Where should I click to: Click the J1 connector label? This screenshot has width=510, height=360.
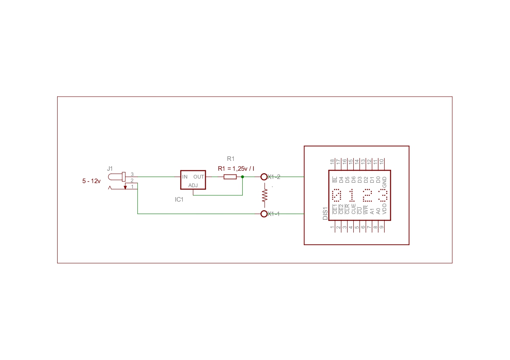tap(110, 169)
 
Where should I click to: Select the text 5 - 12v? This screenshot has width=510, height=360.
tap(91, 181)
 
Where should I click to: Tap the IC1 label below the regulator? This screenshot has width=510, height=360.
tap(179, 200)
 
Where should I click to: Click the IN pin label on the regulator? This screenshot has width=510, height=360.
tap(185, 177)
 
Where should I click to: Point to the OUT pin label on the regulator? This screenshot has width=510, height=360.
tap(199, 177)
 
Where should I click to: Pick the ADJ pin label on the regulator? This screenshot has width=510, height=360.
tap(193, 186)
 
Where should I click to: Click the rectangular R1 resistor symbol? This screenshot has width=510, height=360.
tap(230, 177)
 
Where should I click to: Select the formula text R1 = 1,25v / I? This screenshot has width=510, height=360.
tap(236, 169)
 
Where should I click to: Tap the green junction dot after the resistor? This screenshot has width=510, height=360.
tap(243, 177)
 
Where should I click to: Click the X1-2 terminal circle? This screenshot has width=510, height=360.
tap(264, 174)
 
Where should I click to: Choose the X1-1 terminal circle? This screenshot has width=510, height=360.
tap(264, 211)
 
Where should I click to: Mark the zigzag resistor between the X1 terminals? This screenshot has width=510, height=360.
tap(264, 195)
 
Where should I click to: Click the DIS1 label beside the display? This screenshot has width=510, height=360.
tap(325, 214)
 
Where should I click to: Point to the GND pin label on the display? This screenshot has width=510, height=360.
tap(384, 182)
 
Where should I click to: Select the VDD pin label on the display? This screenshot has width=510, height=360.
tap(384, 209)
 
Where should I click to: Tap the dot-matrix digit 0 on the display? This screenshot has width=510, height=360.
tap(336, 195)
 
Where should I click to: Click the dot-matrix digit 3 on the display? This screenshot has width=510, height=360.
tap(383, 195)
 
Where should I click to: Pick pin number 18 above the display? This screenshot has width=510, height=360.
tap(332, 162)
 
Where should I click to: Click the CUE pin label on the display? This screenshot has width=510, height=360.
tap(353, 209)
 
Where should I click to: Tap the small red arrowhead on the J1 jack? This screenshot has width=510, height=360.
tap(125, 187)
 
